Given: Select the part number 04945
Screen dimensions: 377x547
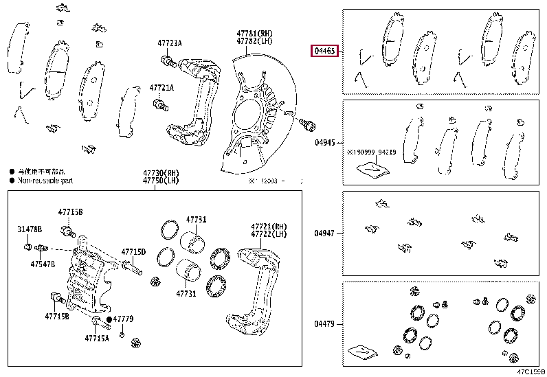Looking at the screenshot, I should (325, 143).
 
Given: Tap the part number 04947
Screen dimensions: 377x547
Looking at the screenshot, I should (325, 233).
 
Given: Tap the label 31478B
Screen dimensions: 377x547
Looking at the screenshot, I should (30, 229).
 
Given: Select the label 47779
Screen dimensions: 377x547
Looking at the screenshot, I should (123, 319).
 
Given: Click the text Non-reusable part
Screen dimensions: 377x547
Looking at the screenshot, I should (45, 180).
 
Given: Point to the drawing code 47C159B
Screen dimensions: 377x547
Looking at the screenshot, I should (531, 372).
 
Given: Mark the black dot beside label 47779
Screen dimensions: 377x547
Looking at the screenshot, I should (109, 319).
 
